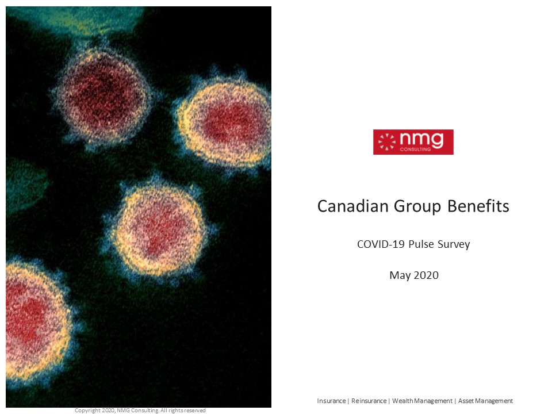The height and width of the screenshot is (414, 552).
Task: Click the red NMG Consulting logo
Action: click(413, 142)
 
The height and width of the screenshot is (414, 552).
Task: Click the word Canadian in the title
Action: click(353, 206)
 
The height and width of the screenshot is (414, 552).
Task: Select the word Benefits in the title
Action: click(478, 206)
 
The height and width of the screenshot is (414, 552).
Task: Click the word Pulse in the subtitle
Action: click(421, 244)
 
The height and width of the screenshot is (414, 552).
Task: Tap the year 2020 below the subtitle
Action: click(426, 275)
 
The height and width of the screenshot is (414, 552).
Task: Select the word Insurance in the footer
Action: click(331, 401)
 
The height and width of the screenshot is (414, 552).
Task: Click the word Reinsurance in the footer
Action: click(369, 401)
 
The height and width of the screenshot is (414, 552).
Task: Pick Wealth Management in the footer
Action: click(422, 401)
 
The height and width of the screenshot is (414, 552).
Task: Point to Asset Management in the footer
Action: click(485, 401)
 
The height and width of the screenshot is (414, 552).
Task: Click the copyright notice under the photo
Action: click(140, 411)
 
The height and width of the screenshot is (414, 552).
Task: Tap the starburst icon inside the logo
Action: click(387, 142)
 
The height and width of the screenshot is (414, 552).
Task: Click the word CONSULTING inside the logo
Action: click(415, 149)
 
